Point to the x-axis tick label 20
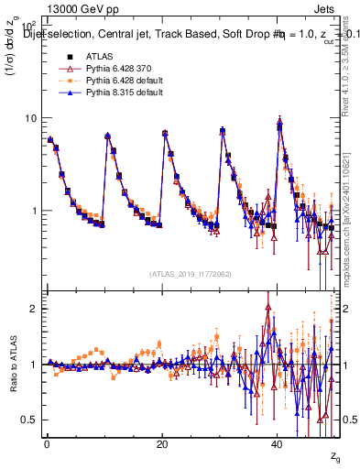[x=161, y=443]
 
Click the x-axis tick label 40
[x=277, y=443]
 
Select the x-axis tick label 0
[x=46, y=443]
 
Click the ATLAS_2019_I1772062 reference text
[x=191, y=273]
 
